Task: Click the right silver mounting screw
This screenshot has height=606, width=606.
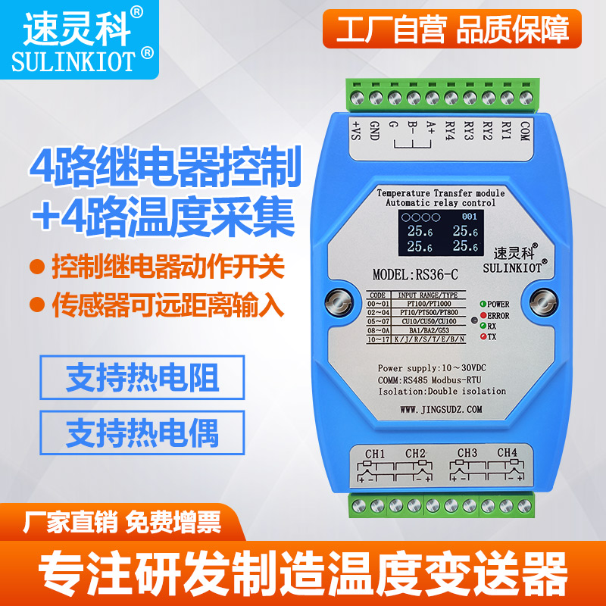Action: point(542,302)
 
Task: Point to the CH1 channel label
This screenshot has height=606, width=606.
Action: point(376,454)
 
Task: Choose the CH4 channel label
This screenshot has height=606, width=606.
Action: point(506,453)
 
